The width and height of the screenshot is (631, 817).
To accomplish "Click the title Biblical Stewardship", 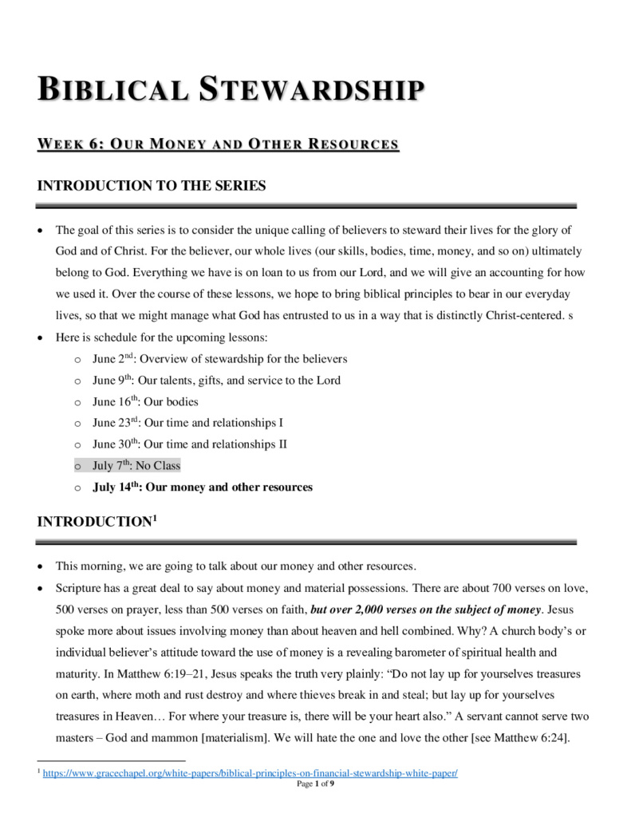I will (231, 89).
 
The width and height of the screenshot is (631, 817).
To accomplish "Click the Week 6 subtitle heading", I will (218, 144).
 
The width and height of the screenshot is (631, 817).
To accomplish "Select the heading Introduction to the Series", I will (152, 186).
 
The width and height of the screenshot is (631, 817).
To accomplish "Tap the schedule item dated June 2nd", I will (219, 359).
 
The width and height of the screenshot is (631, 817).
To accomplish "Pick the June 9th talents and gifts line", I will (216, 381).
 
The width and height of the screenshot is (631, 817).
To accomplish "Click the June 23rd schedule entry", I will (187, 423).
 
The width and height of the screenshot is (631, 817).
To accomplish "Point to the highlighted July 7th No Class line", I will (136, 466).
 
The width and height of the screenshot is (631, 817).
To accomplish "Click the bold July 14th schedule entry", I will (203, 487).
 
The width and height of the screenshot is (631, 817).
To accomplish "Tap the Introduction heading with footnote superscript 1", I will (97, 522).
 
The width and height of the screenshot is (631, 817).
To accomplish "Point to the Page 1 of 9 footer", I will (315, 783).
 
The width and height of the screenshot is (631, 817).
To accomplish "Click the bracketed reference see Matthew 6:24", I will (515, 738).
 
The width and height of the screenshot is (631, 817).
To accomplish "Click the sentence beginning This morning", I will (235, 566).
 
